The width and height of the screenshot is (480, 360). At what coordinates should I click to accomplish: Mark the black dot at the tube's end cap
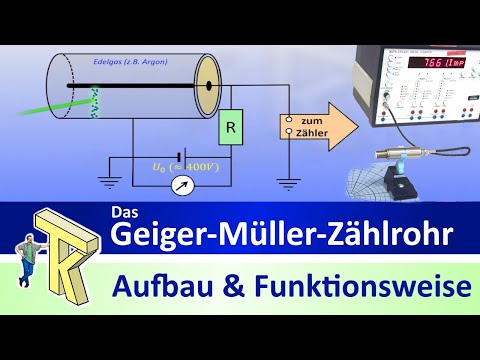[x=209, y=86]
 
